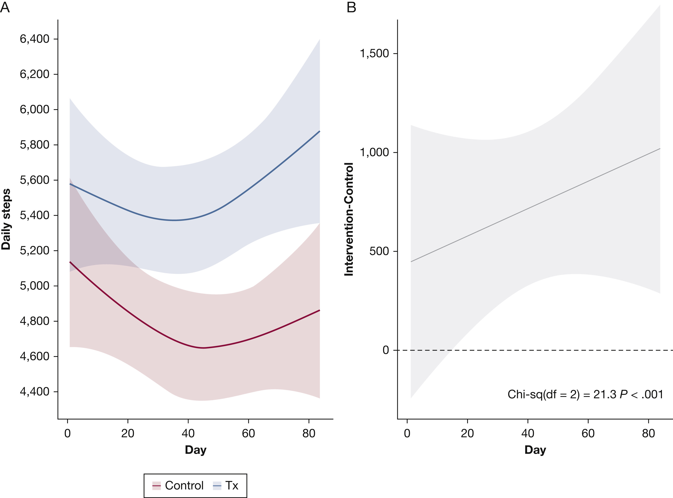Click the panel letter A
click(x=5, y=7)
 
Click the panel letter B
click(x=351, y=7)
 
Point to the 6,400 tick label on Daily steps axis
click(x=35, y=39)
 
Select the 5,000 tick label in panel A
click(x=35, y=285)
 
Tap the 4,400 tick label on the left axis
click(x=35, y=391)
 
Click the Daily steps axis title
click(x=6, y=219)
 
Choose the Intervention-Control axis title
click(x=349, y=219)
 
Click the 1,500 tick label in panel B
click(x=374, y=53)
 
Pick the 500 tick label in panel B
click(x=379, y=251)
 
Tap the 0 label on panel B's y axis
click(x=386, y=350)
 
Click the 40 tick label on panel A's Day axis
click(x=188, y=434)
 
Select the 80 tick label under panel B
click(x=648, y=434)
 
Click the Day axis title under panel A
click(x=196, y=450)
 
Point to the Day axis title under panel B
click(x=535, y=450)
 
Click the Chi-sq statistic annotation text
click(x=585, y=394)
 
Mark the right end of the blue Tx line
click(x=319, y=131)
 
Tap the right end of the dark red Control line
click(x=319, y=310)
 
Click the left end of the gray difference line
click(x=411, y=261)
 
